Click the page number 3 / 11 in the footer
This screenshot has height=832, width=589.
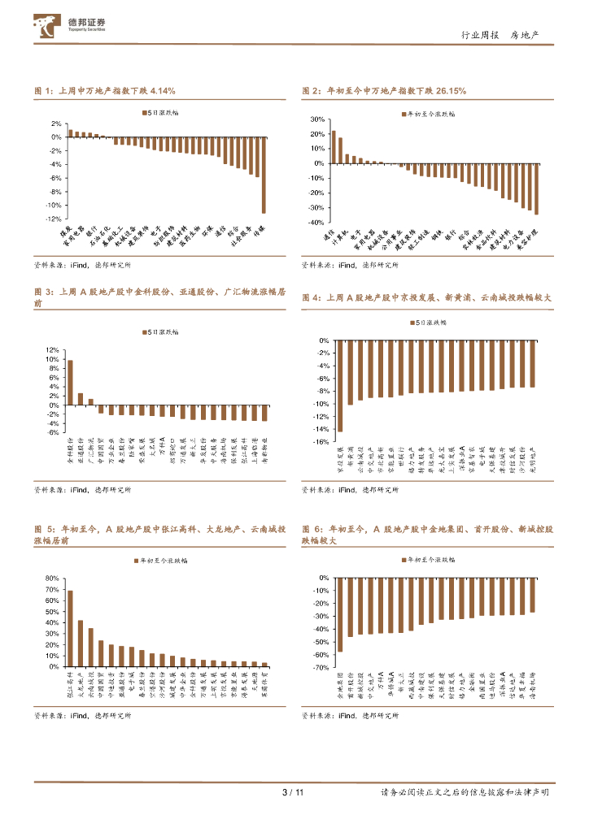pyautogui.click(x=292, y=792)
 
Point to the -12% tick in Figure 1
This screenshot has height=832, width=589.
pyautogui.click(x=55, y=219)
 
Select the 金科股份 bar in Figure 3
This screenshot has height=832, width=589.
pyautogui.click(x=70, y=382)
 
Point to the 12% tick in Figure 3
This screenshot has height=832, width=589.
pyautogui.click(x=52, y=350)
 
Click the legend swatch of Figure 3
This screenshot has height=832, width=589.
pyautogui.click(x=143, y=332)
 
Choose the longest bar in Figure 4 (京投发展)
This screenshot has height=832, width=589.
pyautogui.click(x=340, y=386)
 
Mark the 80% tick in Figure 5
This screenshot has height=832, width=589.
pyautogui.click(x=52, y=578)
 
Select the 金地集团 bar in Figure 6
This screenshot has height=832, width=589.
pyautogui.click(x=340, y=614)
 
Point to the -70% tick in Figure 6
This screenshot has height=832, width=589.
pyautogui.click(x=320, y=667)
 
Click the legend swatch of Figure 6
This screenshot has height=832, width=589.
pyautogui.click(x=404, y=560)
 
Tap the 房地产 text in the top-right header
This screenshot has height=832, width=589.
pyautogui.click(x=530, y=35)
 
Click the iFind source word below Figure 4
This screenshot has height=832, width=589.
pyautogui.click(x=347, y=490)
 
